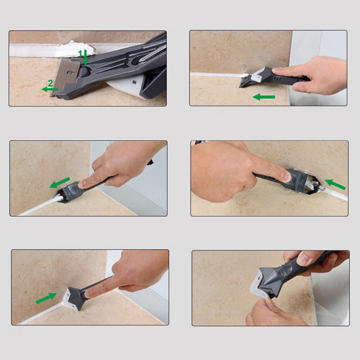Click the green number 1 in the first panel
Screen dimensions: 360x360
click(80, 53)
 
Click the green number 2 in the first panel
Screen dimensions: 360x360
click(50, 83)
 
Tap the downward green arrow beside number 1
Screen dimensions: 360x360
click(86, 57)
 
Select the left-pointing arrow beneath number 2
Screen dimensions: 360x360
click(50, 89)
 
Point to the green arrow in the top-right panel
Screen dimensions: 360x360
click(264, 97)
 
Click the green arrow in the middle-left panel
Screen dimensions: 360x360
click(60, 183)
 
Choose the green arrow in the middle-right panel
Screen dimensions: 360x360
click(335, 184)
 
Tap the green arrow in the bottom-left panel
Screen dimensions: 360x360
click(46, 298)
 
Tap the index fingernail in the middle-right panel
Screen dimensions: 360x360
click(287, 177)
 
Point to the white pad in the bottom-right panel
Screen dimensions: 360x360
click(257, 282)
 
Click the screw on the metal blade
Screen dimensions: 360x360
click(69, 73)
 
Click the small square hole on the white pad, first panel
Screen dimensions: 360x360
click(134, 82)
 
